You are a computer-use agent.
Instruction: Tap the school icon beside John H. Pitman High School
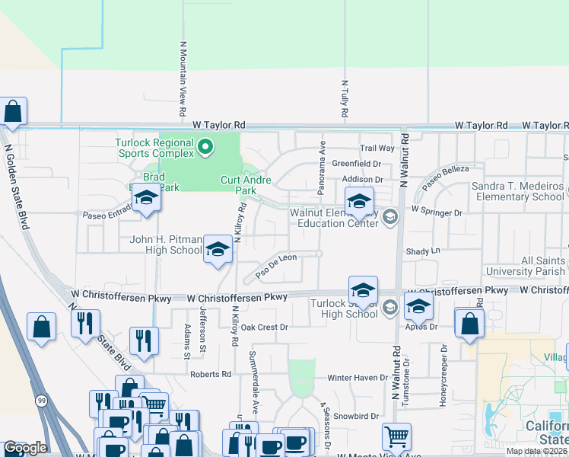click(218, 250)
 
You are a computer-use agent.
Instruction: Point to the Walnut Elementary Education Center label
click(334, 218)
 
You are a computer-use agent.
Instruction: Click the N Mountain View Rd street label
click(183, 78)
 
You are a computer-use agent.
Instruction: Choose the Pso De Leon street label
click(276, 264)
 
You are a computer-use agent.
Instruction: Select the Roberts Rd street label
click(211, 374)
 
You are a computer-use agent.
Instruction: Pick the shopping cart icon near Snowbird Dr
click(396, 436)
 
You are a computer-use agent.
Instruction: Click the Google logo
click(26, 448)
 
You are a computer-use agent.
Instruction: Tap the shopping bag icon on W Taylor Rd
click(14, 111)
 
